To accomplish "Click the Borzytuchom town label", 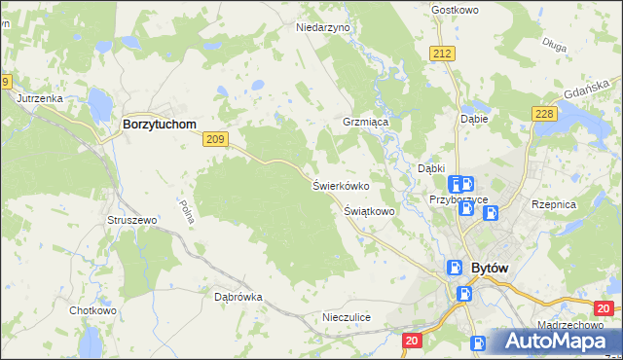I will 159,125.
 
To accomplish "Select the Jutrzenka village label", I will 40,98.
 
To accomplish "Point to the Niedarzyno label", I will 322,28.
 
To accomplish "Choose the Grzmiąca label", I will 365,124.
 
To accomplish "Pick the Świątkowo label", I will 369,210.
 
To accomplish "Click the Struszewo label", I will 131,221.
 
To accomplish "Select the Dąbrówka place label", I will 238,297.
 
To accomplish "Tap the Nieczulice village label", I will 347,317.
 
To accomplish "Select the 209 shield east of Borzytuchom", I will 216,141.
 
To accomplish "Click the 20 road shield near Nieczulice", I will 411,340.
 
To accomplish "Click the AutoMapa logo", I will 556,341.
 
